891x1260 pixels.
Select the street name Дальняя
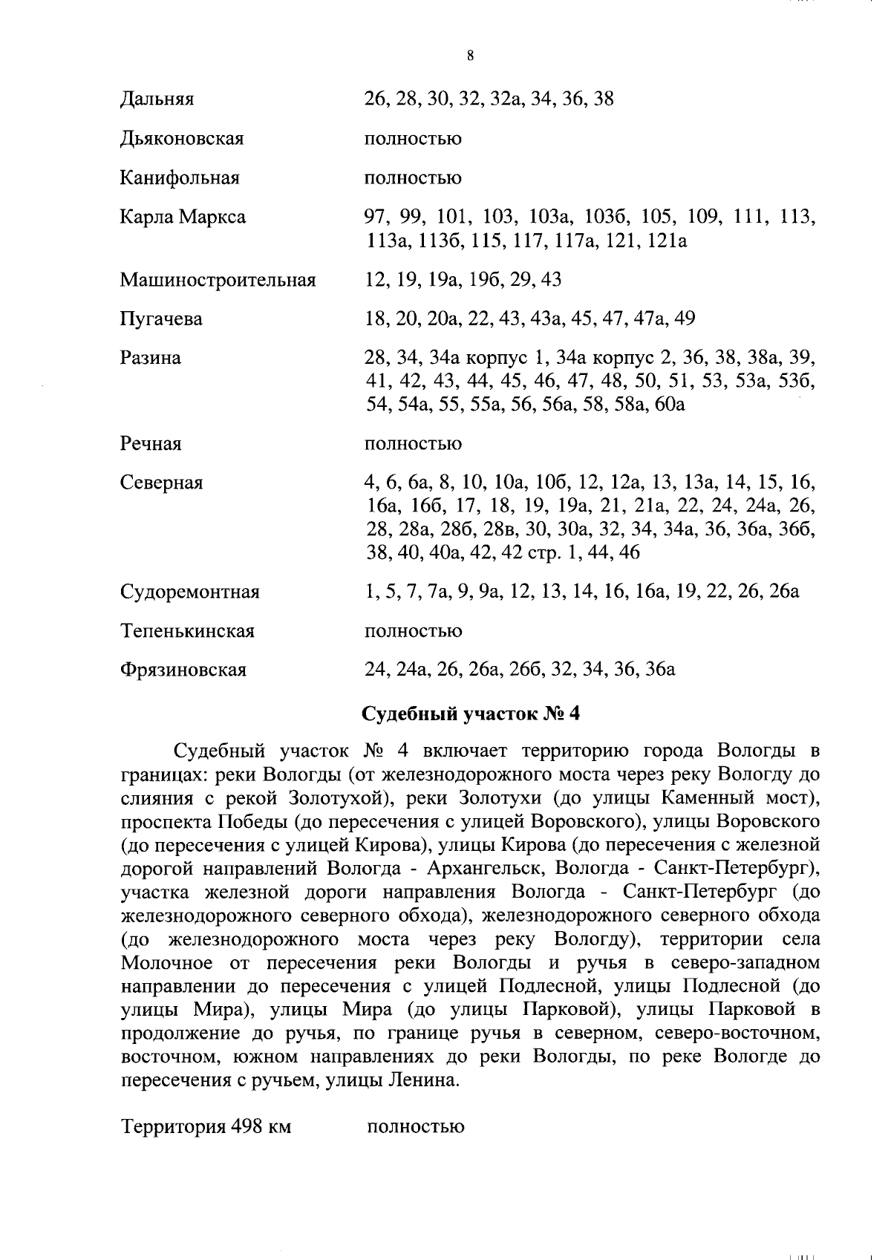[157, 99]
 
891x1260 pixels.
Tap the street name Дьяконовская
[182, 139]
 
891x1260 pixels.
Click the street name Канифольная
[180, 178]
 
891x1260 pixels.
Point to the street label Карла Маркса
[183, 218]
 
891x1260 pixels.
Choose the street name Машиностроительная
[218, 280]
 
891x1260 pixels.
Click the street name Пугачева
[161, 319]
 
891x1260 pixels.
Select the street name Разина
[150, 358]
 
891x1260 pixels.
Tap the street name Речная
[151, 444]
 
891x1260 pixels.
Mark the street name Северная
[161, 483]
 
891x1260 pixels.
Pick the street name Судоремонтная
[190, 593]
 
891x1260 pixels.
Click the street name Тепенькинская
[187, 631]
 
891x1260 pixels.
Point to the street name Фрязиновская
[183, 670]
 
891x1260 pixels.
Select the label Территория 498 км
[206, 1126]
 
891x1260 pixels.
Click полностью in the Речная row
[413, 444]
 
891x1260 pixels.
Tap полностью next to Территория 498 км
[416, 1126]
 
